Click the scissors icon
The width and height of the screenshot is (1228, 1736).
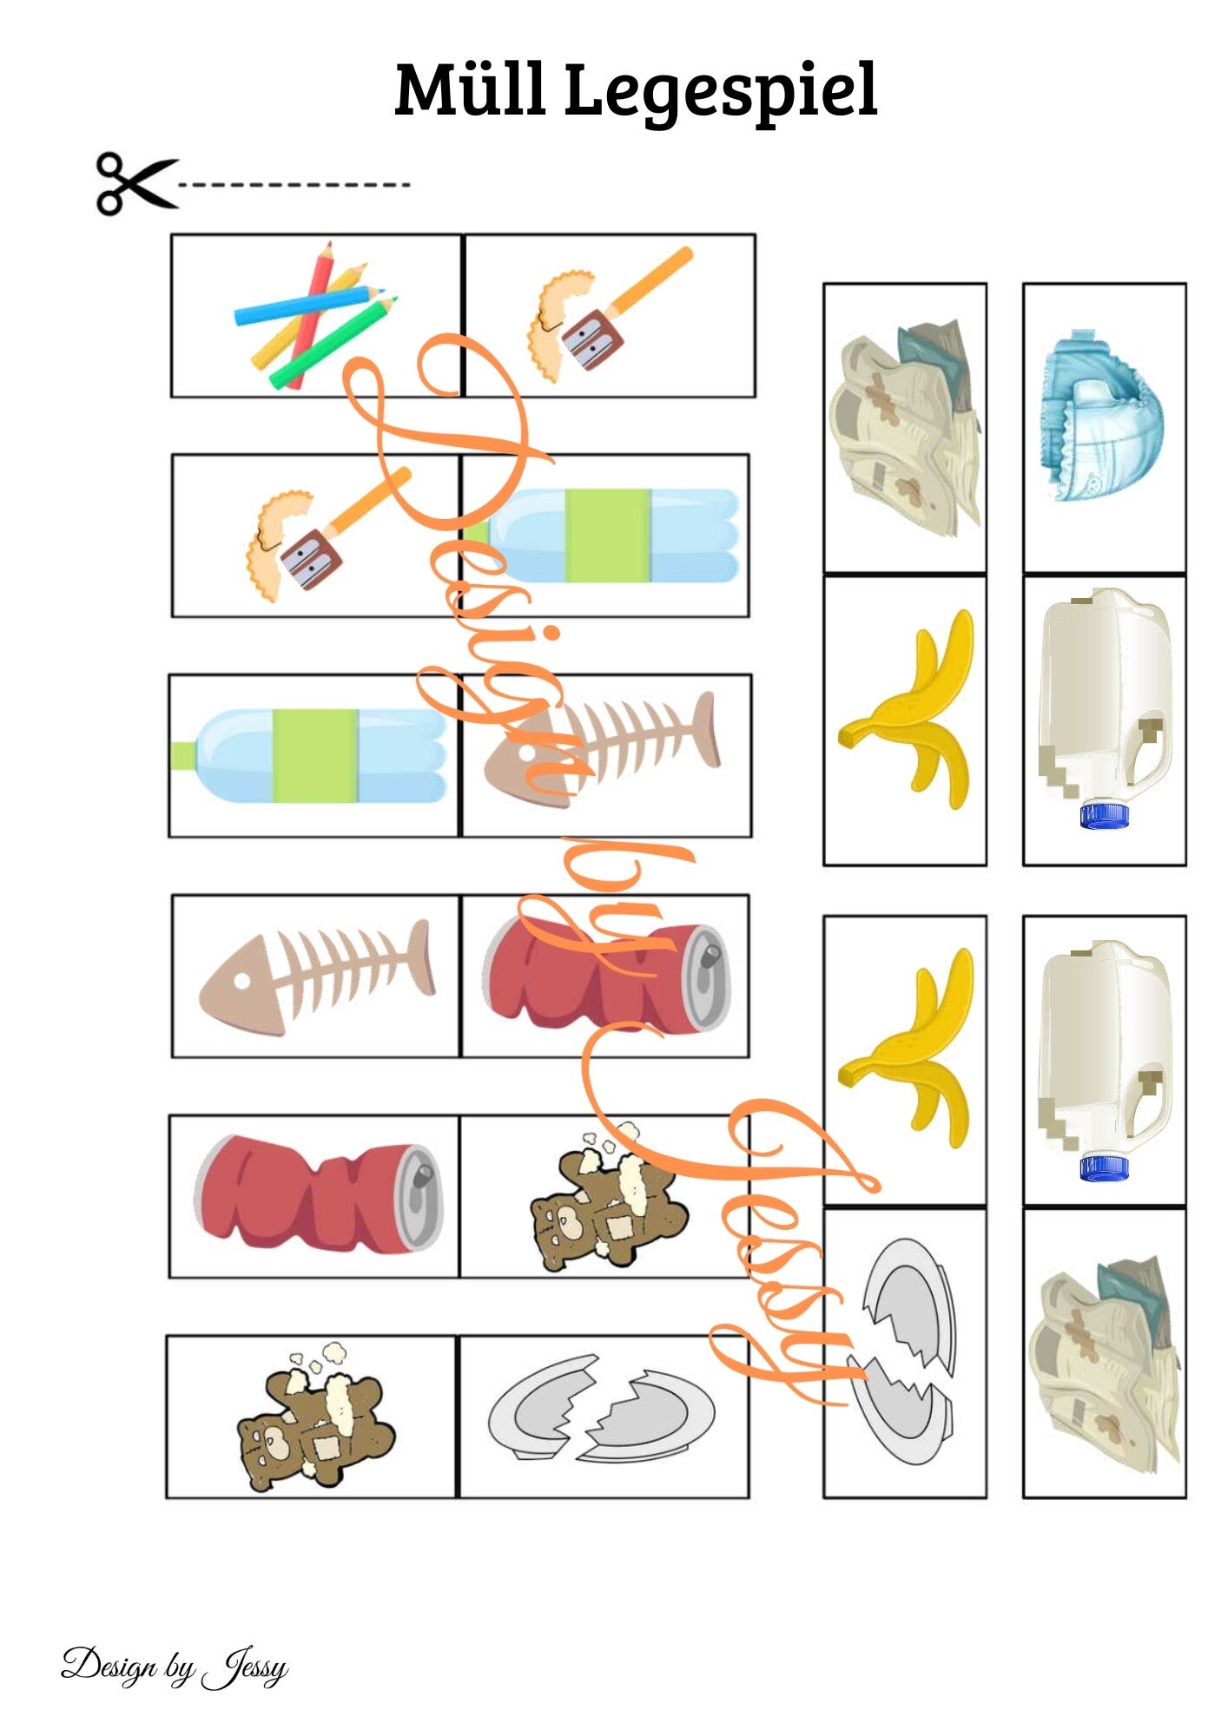coord(137,184)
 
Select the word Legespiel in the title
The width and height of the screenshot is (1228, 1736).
coord(720,94)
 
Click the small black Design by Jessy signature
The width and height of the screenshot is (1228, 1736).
coord(174,1666)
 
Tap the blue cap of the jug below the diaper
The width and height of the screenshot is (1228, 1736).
coord(1104,815)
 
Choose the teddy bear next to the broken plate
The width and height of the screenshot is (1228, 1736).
coord(316,1419)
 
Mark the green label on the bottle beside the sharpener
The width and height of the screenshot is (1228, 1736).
coord(608,536)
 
